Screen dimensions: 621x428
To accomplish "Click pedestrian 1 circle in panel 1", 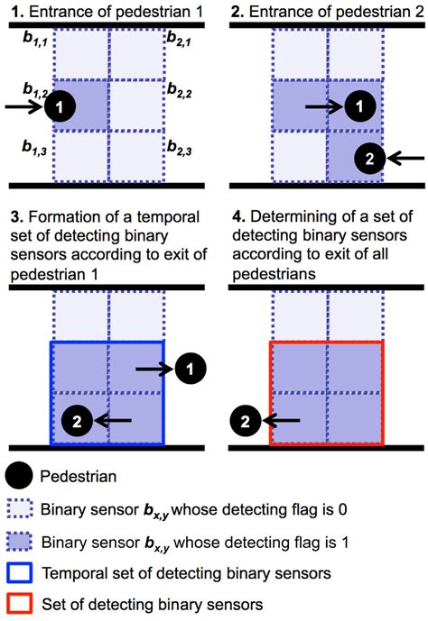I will click(59, 107).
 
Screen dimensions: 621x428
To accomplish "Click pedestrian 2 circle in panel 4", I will click(242, 419).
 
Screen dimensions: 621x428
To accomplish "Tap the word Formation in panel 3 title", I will click(60, 219).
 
